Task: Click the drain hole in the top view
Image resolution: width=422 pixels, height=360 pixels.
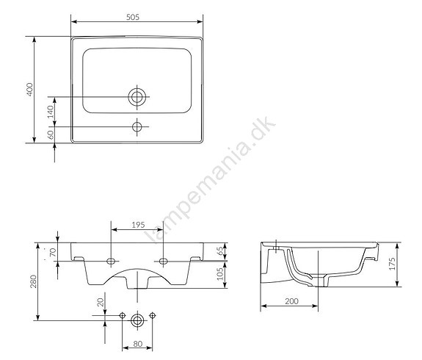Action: [137, 96]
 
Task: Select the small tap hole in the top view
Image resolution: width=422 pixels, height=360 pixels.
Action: [137, 127]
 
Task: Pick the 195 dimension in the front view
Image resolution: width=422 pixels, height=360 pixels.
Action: [137, 225]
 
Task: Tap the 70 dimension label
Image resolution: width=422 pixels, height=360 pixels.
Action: [53, 252]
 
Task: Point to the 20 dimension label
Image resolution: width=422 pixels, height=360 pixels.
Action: [101, 302]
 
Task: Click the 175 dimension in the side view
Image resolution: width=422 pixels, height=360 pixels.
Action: [393, 262]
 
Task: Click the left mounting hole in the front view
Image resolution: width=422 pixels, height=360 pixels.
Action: [111, 261]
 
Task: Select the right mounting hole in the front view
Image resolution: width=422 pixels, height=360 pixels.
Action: [163, 261]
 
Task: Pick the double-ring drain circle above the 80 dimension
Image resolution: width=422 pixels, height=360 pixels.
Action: [137, 320]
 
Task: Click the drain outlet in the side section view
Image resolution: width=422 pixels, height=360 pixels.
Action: [327, 280]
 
